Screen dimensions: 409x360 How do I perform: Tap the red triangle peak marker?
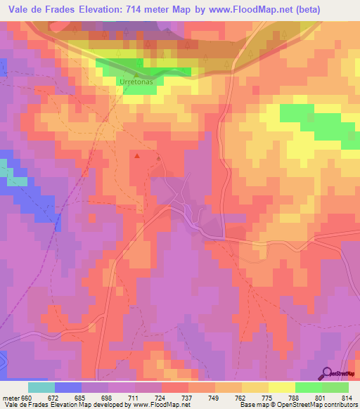[137, 156]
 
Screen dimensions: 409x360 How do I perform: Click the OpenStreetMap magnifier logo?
[328, 373]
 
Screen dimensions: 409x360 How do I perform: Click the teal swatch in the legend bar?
[41, 387]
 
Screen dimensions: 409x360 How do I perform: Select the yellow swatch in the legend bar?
[282, 387]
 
